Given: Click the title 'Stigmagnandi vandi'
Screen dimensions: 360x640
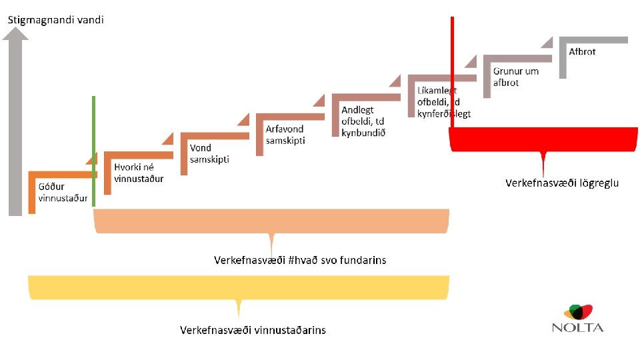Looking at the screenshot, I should [x=56, y=20].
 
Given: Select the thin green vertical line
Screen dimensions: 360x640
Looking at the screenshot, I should [x=93, y=151].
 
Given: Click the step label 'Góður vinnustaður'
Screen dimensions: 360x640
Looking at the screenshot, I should [x=63, y=192].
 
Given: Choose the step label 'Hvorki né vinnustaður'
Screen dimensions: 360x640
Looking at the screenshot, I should [x=139, y=173].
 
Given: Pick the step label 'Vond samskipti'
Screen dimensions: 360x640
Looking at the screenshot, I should [x=209, y=153].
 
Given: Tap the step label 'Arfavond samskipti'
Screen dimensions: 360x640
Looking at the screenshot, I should [x=285, y=134].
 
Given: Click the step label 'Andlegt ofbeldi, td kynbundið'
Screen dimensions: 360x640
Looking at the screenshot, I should [x=363, y=121].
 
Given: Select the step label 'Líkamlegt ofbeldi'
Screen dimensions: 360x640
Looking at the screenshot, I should [x=443, y=102].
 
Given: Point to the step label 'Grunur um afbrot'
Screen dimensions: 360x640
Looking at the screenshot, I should [x=516, y=77].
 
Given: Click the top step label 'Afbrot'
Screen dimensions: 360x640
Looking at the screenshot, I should [x=582, y=51].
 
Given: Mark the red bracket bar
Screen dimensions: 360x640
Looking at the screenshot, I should [x=543, y=140].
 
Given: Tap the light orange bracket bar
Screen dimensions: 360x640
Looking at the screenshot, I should [x=271, y=221].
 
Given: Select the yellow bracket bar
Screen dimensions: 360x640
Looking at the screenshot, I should [x=238, y=287].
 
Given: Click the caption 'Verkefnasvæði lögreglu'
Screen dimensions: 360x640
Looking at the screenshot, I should [x=562, y=183].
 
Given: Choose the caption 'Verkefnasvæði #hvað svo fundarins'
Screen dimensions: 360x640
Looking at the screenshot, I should [x=300, y=259].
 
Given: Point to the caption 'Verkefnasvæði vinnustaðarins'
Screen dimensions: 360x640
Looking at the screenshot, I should [x=253, y=330].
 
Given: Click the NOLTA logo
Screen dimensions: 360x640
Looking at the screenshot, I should [x=577, y=318].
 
